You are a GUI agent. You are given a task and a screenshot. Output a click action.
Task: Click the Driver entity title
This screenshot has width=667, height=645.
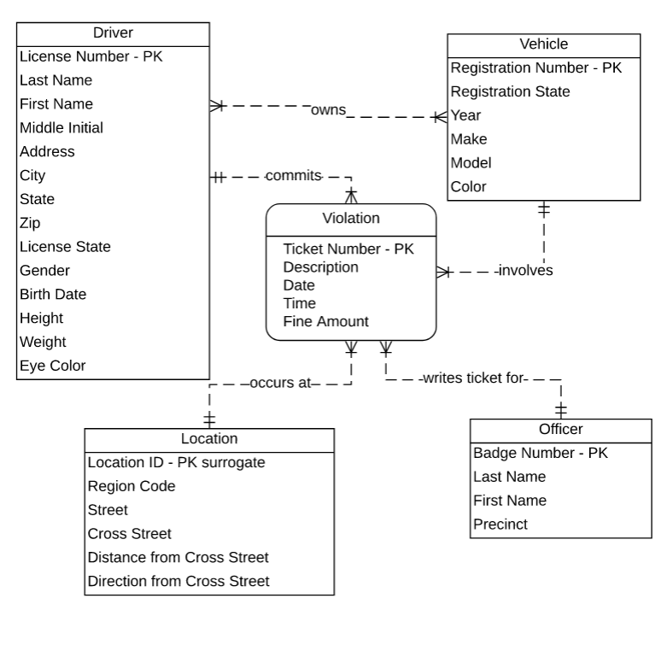point(112,33)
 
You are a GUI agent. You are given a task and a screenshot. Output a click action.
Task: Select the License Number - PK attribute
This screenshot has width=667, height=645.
point(91,57)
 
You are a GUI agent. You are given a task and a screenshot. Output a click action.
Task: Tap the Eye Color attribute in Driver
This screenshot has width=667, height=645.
point(52,366)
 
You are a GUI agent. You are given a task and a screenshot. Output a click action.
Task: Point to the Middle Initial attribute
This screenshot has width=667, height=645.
point(61,128)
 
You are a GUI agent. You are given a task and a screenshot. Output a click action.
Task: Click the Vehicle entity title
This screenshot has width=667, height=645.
point(543,44)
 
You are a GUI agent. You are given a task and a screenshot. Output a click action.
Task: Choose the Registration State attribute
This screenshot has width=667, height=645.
point(510,91)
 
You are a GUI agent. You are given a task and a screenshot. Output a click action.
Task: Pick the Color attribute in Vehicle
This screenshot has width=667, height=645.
point(468,186)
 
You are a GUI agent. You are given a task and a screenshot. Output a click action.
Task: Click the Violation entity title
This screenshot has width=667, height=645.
point(351,218)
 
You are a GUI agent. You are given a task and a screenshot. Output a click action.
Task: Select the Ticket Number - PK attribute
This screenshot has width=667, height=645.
point(348,249)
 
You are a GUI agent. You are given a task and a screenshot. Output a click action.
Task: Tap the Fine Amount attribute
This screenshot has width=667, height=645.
point(325,321)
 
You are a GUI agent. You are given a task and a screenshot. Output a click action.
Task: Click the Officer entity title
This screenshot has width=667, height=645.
point(560,429)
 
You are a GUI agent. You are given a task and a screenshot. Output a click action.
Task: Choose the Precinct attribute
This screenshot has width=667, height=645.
point(500,525)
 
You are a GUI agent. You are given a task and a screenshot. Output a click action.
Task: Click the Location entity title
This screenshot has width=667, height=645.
point(209,439)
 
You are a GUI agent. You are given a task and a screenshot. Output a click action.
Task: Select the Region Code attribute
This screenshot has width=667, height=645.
point(132,486)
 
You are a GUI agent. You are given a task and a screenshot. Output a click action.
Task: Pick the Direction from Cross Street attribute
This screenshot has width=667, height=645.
point(178,581)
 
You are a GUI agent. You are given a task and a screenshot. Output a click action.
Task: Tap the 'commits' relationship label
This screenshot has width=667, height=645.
point(293,175)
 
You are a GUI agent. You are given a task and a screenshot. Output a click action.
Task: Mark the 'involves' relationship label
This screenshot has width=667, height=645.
point(526,271)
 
